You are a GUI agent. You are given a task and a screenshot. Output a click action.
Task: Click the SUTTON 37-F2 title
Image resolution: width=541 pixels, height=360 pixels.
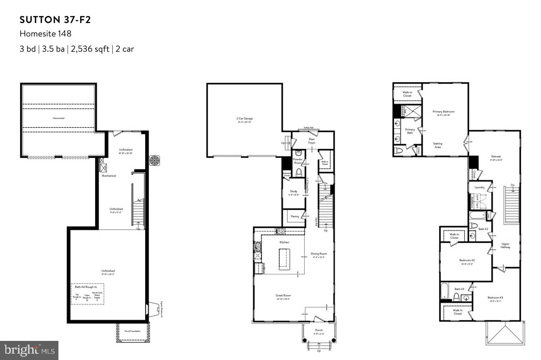click(x=55, y=20)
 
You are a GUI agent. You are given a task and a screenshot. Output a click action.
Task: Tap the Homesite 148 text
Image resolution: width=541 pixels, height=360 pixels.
click(x=45, y=34)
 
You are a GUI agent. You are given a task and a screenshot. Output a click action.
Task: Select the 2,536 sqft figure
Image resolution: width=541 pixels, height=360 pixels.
click(x=90, y=49)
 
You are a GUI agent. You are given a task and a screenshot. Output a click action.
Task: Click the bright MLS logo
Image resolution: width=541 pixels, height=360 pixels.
click(x=29, y=350)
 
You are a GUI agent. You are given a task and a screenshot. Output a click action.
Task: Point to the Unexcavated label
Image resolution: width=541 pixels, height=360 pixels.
click(x=58, y=118)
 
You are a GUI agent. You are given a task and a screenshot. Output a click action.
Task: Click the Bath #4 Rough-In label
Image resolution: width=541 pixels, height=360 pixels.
click(x=87, y=287)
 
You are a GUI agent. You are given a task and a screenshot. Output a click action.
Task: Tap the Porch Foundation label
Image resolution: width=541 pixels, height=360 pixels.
click(x=132, y=331)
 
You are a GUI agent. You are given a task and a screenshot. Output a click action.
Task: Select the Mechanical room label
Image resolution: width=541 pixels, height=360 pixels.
click(x=109, y=176)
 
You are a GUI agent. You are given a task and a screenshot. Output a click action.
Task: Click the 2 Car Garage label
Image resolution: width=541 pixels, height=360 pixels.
click(x=244, y=119)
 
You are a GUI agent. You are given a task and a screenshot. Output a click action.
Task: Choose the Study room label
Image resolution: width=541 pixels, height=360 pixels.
click(x=294, y=191)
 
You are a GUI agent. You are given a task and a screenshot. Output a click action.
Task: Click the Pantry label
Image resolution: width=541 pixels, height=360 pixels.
click(x=295, y=216)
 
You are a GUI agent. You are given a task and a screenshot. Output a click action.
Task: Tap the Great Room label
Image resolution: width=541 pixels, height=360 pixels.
click(x=283, y=295)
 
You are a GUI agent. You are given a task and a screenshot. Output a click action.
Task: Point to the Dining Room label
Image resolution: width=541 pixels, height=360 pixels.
click(x=319, y=254)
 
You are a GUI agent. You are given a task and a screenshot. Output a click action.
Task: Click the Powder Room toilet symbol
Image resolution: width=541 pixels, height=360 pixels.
click(x=298, y=173)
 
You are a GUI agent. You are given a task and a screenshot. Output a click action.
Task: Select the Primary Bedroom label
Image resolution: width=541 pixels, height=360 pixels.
click(x=443, y=112)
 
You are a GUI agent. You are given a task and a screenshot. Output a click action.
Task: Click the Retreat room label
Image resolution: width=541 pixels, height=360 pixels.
click(x=496, y=157)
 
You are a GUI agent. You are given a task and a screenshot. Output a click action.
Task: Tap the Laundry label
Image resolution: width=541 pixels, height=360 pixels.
click(x=479, y=187)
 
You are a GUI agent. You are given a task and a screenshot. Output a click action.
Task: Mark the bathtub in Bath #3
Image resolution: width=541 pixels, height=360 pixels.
click(x=445, y=292)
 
